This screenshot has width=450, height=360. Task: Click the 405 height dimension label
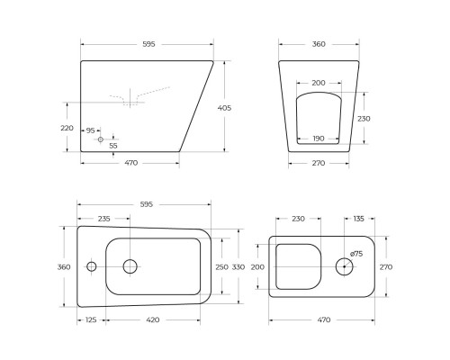(x=225, y=107)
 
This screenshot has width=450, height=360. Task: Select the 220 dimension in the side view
(x=67, y=128)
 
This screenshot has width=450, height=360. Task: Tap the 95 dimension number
(x=91, y=130)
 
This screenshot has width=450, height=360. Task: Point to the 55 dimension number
(x=112, y=145)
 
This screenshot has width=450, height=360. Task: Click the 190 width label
(x=318, y=139)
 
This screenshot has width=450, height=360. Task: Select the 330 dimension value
(x=238, y=266)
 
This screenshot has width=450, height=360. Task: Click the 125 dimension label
(x=91, y=319)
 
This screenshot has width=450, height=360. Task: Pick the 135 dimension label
(x=358, y=218)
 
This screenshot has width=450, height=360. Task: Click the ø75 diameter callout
(x=356, y=253)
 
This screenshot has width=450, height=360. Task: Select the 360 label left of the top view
(x=63, y=266)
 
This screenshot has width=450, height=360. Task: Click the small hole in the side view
(x=100, y=139)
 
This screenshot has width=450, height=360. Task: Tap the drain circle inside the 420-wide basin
(x=130, y=265)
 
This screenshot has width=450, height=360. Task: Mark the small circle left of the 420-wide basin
(x=91, y=266)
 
